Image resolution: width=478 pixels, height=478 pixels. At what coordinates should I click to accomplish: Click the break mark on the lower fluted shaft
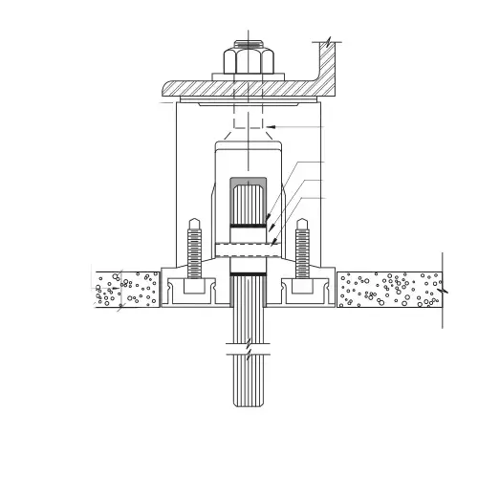coord(248,348)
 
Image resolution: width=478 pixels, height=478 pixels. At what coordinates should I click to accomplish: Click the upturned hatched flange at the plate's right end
coord(329,72)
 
